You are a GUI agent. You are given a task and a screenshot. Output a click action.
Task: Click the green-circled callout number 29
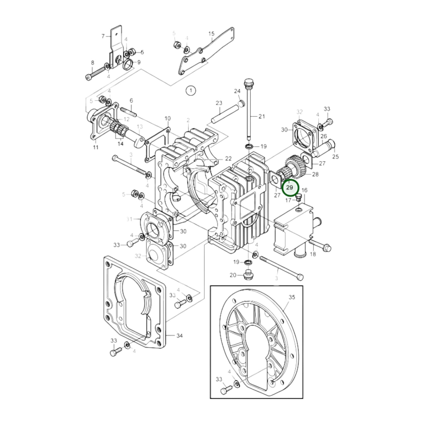pos(290,187)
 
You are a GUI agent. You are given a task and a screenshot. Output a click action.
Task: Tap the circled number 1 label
pos(190,91)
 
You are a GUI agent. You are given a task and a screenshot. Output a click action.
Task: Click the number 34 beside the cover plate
pos(179,335)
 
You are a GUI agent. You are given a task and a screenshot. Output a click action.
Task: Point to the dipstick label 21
pos(261,116)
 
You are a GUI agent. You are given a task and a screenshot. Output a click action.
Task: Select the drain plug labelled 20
pos(247,275)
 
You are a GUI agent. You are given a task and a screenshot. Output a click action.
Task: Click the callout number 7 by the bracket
pos(103,36)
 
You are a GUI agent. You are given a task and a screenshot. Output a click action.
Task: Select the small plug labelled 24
pos(241,103)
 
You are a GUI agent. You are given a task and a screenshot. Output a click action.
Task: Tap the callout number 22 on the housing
pos(228,159)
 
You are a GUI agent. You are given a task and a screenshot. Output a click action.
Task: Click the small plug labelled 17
pos(299,197)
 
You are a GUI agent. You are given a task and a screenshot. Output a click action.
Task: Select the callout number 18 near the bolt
pos(313,254)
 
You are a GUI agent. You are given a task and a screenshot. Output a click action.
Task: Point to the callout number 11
pos(95,147)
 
